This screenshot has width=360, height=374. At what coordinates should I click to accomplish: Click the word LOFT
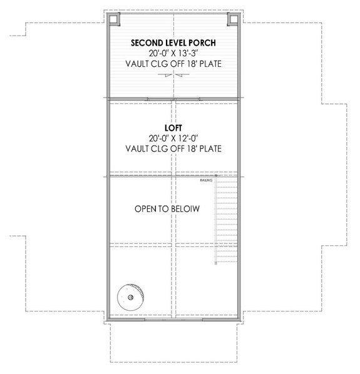tap(173, 126)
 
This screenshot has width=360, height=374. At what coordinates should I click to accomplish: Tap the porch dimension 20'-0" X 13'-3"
tap(173, 53)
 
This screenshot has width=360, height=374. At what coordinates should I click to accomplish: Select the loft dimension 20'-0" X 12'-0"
tap(173, 137)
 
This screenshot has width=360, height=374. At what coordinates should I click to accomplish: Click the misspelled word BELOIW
tap(185, 209)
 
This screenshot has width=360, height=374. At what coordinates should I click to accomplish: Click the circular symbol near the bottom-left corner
tap(130, 296)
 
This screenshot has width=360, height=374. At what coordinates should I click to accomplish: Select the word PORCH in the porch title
tap(202, 43)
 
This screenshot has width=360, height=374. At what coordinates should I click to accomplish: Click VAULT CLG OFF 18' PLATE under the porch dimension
tap(173, 64)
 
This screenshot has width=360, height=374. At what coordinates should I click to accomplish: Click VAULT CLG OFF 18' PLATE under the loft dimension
tap(173, 148)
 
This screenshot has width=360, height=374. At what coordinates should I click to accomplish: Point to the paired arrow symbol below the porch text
tap(173, 74)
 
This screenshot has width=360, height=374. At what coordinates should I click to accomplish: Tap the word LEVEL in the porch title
tap(175, 43)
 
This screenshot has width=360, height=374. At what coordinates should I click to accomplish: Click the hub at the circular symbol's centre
tap(130, 297)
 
